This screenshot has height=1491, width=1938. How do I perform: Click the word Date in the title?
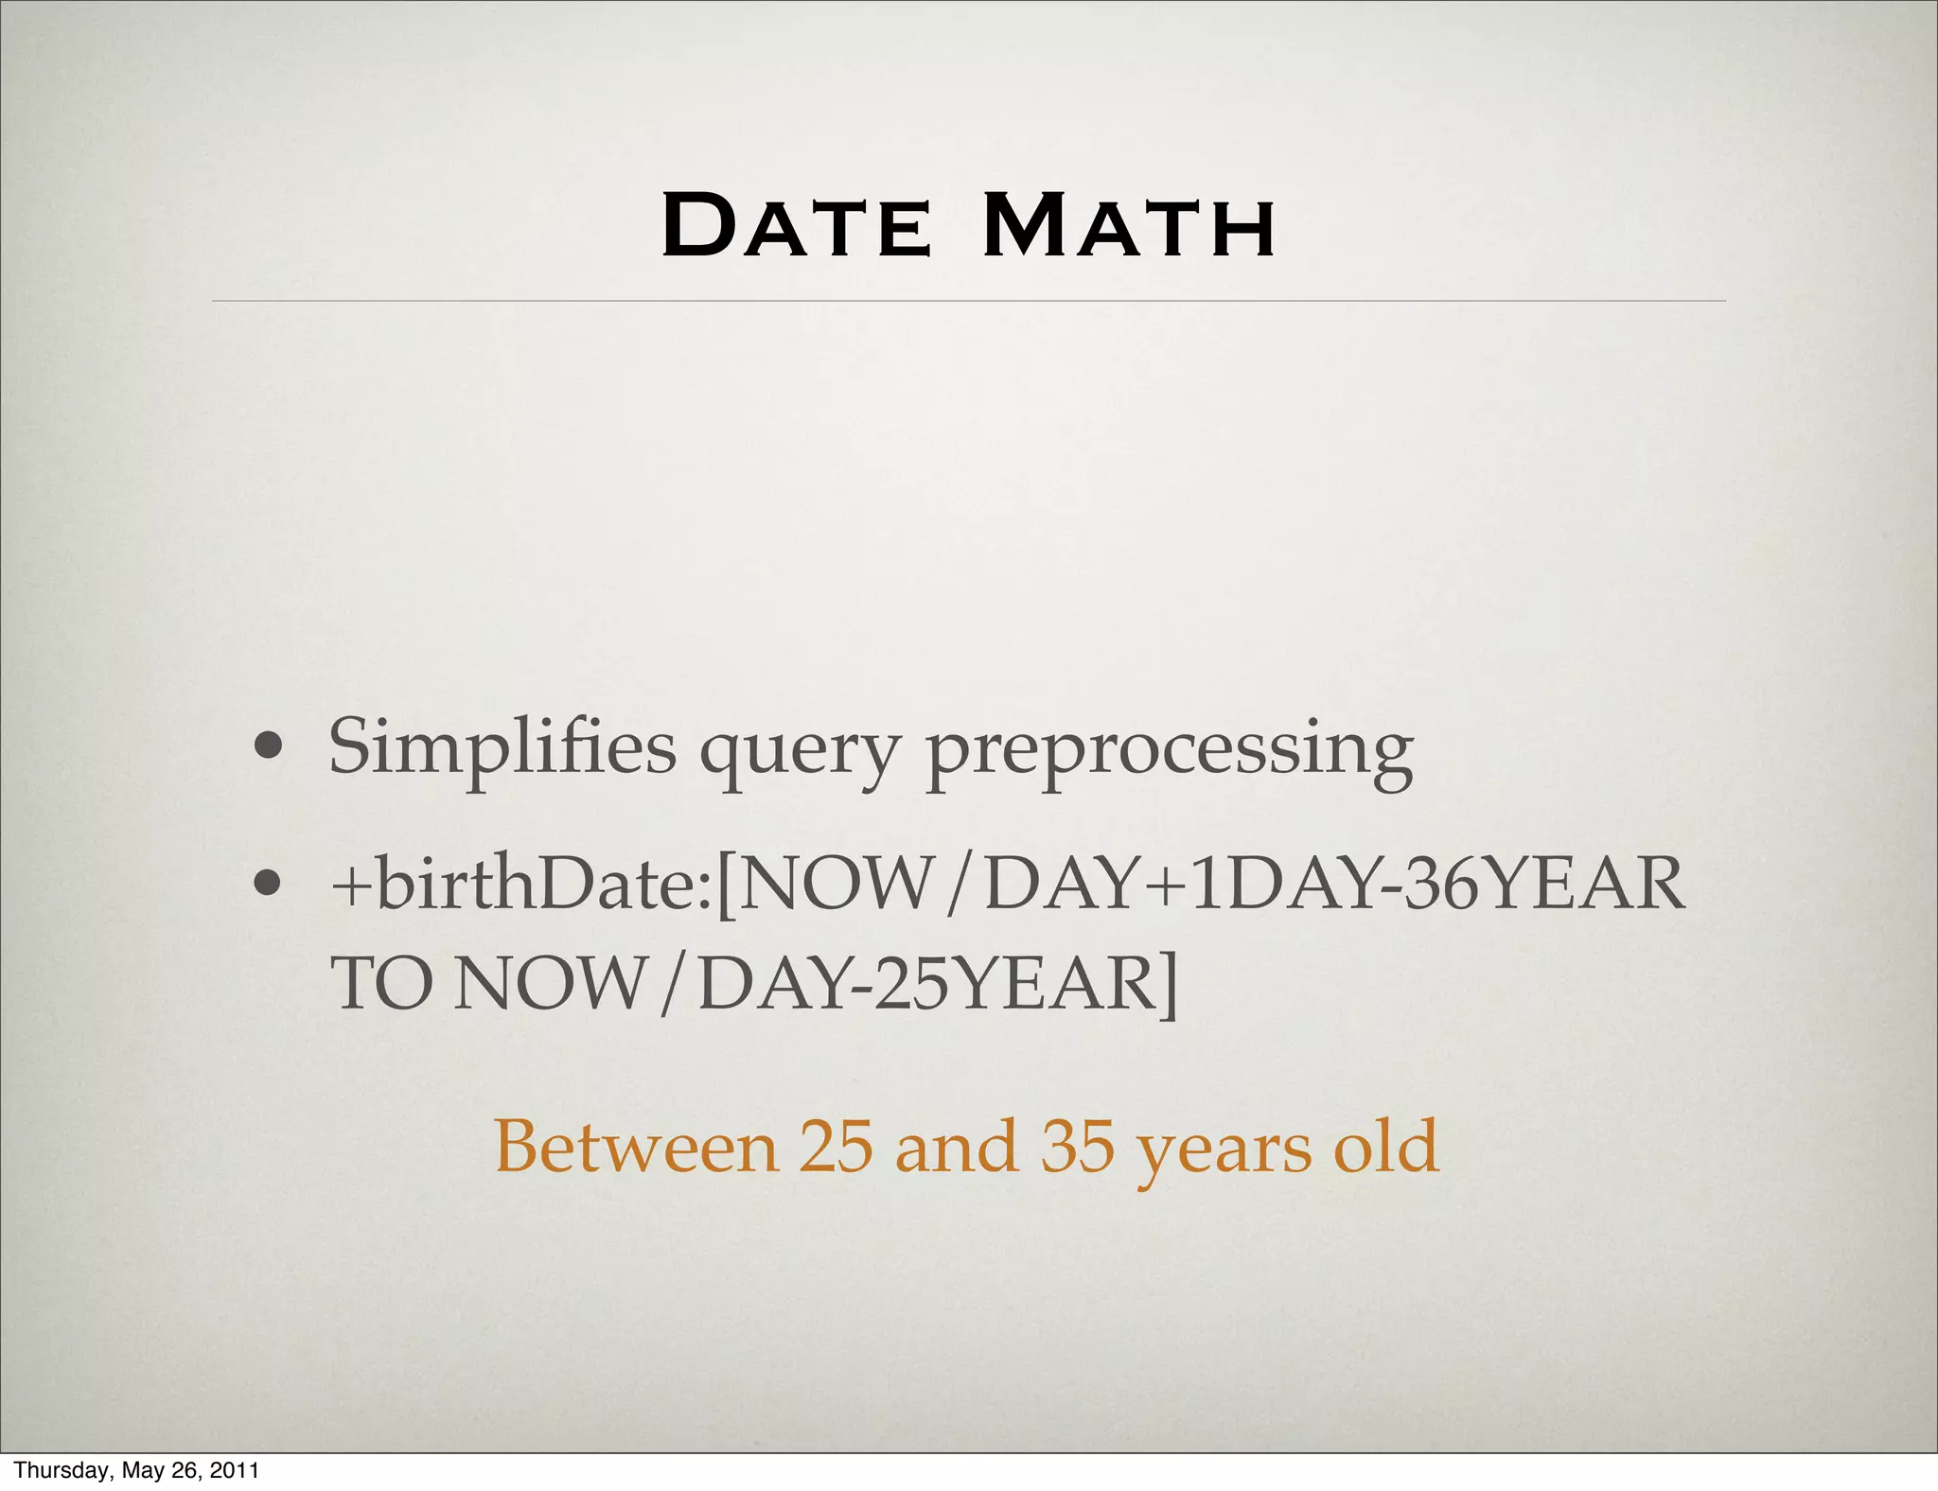797,226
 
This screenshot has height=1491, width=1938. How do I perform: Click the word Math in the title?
1129,226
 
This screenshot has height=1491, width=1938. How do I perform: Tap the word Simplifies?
502,747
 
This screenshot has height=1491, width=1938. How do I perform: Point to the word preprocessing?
1169,752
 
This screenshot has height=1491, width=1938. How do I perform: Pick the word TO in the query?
383,984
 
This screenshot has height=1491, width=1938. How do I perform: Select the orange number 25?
836,1147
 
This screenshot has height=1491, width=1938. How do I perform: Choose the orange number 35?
1078,1147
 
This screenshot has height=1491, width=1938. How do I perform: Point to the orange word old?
1386,1147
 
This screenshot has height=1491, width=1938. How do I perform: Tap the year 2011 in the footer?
234,1470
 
